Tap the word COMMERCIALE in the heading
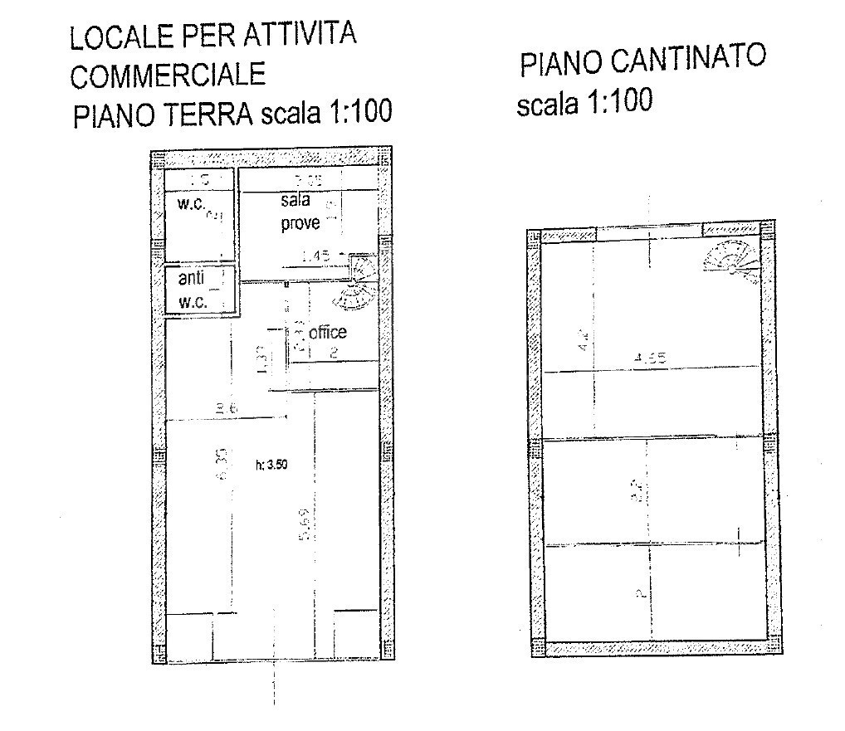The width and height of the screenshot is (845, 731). point(168,76)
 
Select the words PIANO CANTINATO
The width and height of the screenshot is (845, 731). point(642,61)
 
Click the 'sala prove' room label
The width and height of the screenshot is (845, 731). point(299,212)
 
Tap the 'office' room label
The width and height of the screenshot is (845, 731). point(327,333)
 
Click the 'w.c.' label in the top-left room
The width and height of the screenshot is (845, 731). point(193,203)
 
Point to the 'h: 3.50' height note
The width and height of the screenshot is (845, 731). point(271,465)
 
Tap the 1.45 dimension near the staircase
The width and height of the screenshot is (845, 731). point(317,257)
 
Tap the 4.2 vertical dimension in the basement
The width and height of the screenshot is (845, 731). point(584,340)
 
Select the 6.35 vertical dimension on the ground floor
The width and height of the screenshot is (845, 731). point(221,463)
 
